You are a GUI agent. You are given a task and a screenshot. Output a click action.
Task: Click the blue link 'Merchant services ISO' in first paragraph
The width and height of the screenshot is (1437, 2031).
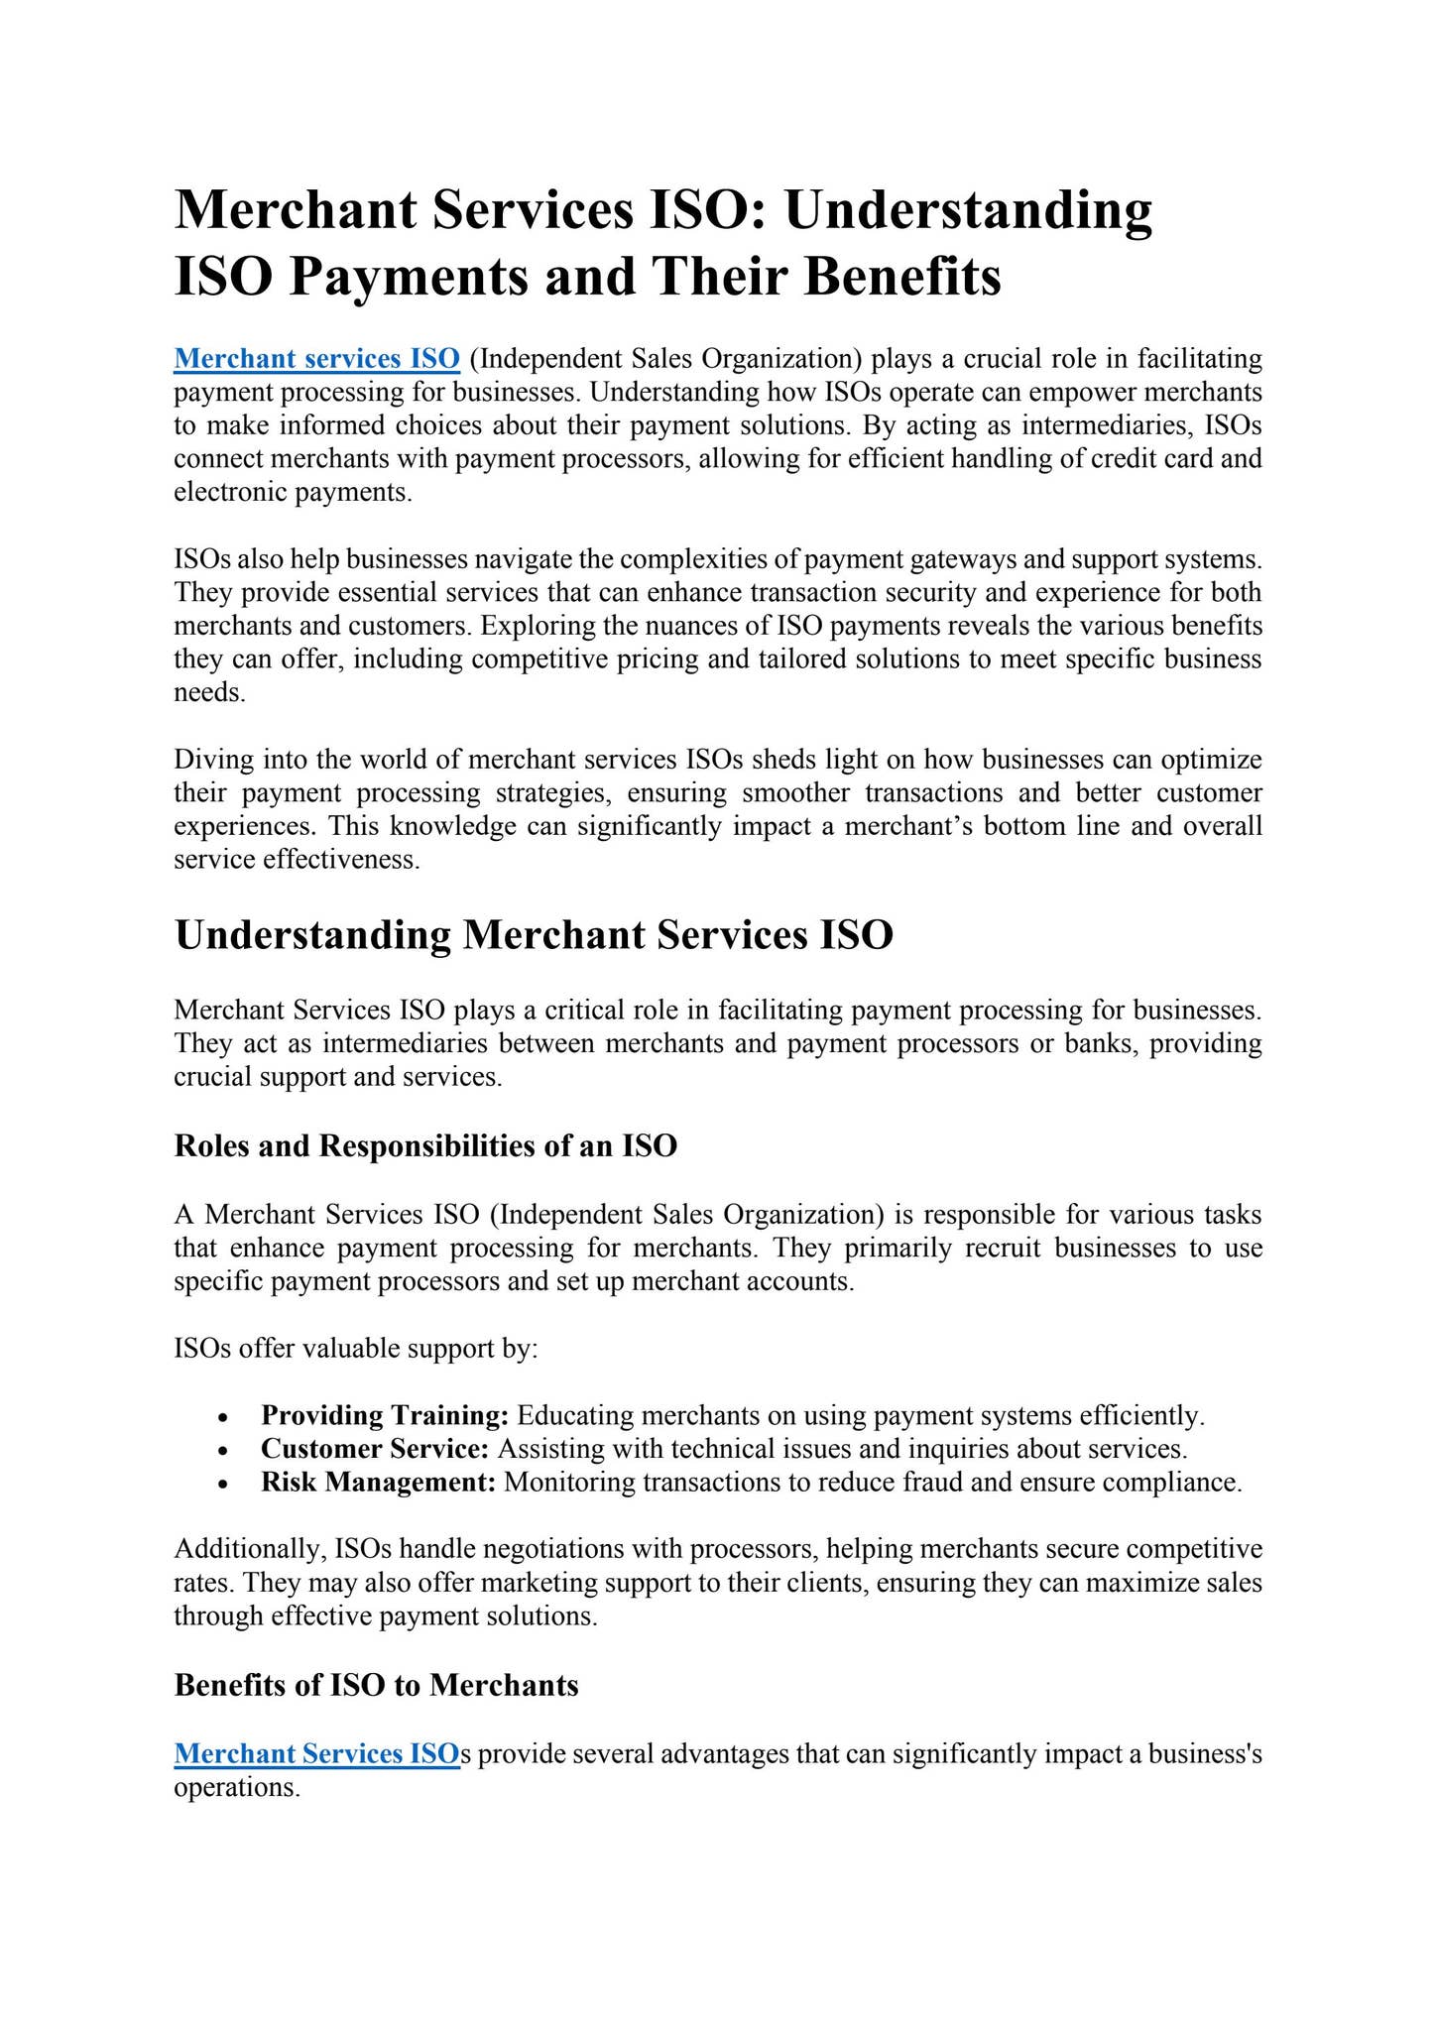coord(316,358)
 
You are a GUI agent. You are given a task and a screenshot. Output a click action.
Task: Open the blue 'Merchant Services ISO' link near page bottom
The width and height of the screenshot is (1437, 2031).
coord(316,1753)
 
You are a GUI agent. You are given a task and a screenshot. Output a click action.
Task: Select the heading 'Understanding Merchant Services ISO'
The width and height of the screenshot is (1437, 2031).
coord(534,935)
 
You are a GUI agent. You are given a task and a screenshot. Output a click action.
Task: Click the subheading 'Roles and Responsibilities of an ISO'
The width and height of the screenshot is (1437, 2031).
coord(425,1146)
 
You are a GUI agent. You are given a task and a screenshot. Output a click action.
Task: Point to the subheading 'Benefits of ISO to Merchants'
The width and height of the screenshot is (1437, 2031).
coord(376,1685)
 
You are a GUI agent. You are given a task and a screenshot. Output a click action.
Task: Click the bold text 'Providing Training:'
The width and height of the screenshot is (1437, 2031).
coord(385,1415)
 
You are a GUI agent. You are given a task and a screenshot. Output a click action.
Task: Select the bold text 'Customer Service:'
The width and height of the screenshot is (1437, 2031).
coord(375,1449)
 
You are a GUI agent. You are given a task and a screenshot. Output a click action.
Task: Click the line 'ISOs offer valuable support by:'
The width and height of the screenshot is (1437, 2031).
coord(356,1349)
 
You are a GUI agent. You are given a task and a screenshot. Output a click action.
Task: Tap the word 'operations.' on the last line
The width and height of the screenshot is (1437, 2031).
coord(236,1788)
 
